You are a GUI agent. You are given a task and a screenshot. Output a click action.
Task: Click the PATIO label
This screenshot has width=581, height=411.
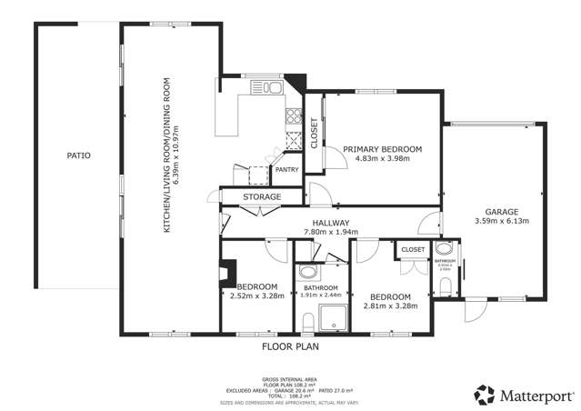[78, 155]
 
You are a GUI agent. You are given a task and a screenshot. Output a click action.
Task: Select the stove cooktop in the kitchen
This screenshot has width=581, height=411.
[294, 115]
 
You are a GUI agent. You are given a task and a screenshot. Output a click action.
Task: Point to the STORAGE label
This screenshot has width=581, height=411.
[261, 196]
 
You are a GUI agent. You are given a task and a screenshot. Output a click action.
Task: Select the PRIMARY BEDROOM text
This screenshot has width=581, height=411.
[382, 149]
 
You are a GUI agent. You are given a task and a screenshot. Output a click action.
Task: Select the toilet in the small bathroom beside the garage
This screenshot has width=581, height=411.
[444, 287]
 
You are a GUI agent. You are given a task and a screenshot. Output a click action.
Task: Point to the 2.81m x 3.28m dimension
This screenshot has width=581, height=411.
[390, 306]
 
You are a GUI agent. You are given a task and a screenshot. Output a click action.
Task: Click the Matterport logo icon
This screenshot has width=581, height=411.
[484, 395]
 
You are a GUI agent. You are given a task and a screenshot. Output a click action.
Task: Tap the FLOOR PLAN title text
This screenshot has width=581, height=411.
[289, 346]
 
